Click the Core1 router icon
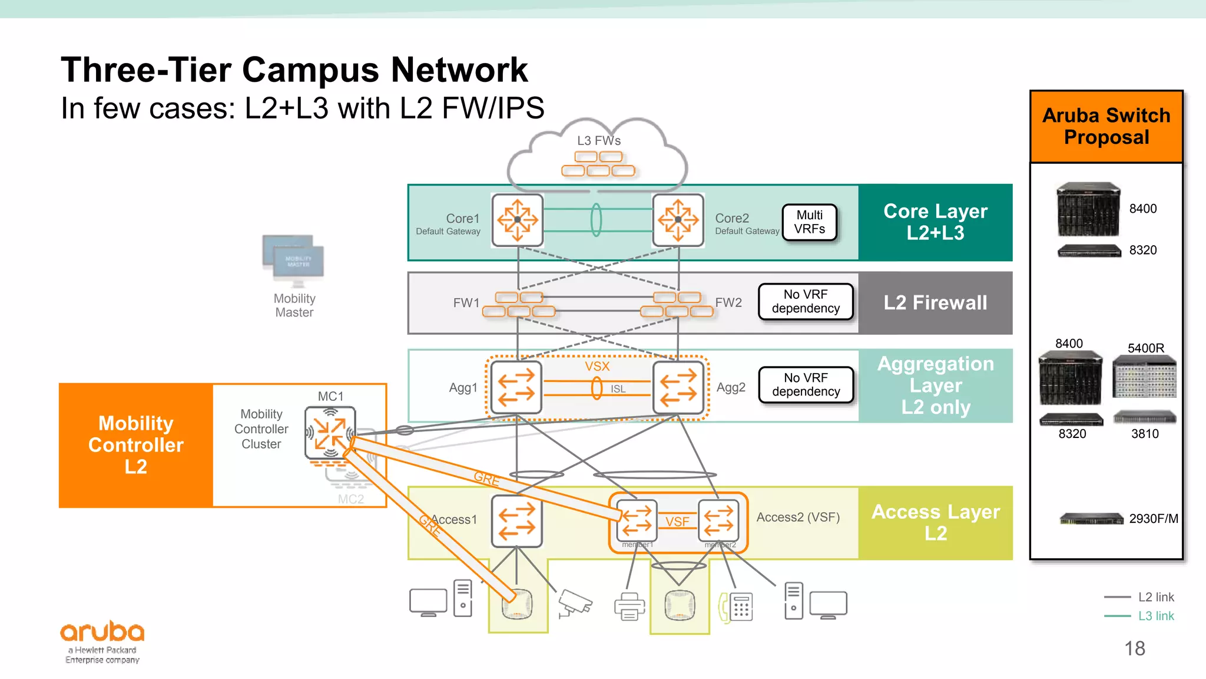pos(517,220)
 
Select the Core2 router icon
pos(678,220)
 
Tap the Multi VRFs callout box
pos(809,222)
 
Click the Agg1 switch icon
pos(516,387)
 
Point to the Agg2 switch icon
pos(678,387)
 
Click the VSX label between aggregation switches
pos(597,367)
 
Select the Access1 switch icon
pos(516,521)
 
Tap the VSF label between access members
pos(677,522)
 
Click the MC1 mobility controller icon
pos(330,432)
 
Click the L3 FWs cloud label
pos(598,141)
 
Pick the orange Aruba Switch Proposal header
pos(1106,126)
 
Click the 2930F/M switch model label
pos(1153,519)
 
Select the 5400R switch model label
pos(1145,348)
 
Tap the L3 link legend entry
pos(1155,616)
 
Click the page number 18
pos(1134,648)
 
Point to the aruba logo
pos(102,633)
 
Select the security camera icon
pos(574,603)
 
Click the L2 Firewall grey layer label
pos(935,303)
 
